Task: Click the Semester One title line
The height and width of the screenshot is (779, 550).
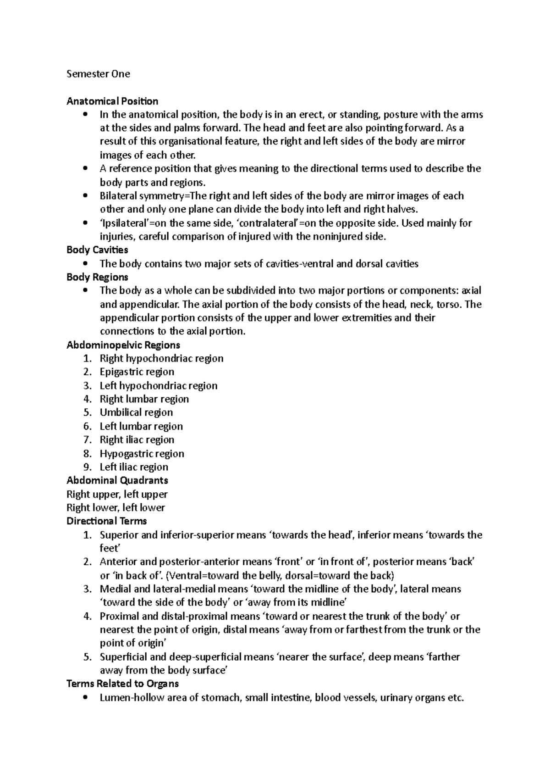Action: point(98,74)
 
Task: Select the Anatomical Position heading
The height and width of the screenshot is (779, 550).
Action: point(112,101)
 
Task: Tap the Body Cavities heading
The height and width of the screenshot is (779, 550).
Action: point(97,250)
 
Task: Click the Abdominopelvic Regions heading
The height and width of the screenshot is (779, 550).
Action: point(123,345)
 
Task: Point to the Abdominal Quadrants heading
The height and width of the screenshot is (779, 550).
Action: point(117,480)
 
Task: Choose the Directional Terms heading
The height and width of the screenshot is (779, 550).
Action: point(106,521)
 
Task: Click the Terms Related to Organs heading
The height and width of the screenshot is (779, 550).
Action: point(122,684)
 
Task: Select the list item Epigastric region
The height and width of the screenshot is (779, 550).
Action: point(137,372)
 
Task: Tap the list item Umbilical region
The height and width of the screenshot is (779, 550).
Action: point(136,412)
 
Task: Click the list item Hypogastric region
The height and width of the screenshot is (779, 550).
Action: point(142,454)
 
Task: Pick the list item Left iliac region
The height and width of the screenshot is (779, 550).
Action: point(134,467)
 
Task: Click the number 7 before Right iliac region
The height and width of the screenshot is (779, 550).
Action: point(88,440)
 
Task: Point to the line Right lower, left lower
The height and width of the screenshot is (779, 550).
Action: point(115,508)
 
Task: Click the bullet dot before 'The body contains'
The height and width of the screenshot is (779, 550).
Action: point(86,264)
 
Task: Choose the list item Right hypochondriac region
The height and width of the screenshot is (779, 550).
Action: point(161,358)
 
